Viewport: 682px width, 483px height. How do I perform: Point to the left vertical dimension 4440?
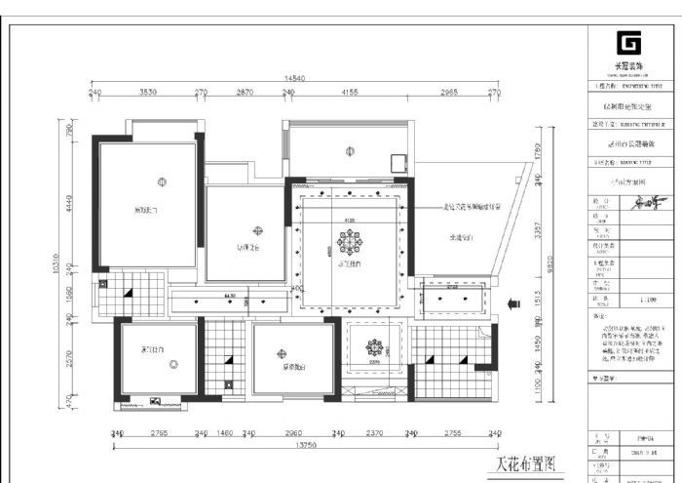point(70,204)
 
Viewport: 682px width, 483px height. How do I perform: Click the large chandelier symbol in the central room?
point(350,240)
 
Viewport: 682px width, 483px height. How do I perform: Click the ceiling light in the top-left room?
point(162,181)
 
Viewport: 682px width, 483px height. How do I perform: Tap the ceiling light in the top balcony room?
point(349,151)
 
